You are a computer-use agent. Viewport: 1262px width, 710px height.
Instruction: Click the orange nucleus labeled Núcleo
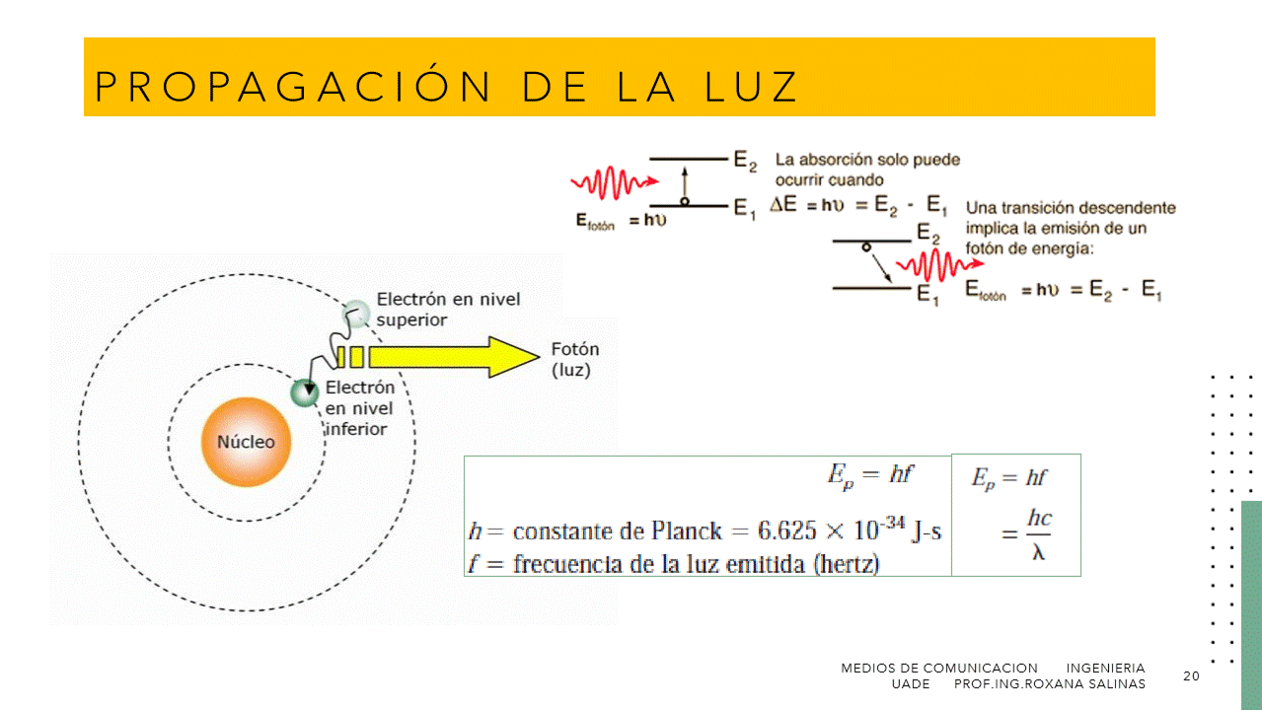click(x=246, y=442)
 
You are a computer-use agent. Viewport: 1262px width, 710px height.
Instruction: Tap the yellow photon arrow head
click(x=515, y=357)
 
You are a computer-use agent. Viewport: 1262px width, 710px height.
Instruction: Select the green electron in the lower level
click(x=305, y=392)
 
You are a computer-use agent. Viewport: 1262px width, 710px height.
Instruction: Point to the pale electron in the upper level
click(x=356, y=315)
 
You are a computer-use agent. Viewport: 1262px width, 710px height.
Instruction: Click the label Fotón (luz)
click(x=574, y=360)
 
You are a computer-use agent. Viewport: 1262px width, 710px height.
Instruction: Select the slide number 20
click(x=1191, y=675)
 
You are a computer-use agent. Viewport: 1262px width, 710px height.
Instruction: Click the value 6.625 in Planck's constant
click(x=786, y=531)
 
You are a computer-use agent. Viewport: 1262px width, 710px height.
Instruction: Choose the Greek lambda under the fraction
click(x=1038, y=552)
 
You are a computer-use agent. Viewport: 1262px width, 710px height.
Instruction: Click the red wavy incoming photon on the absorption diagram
click(x=613, y=184)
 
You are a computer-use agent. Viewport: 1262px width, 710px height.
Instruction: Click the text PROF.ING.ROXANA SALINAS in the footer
click(x=1050, y=683)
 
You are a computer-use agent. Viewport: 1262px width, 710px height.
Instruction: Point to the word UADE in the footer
click(x=910, y=683)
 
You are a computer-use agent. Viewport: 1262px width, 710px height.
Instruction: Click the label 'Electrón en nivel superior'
click(x=448, y=309)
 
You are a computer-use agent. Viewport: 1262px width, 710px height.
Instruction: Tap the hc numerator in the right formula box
click(x=1039, y=518)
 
